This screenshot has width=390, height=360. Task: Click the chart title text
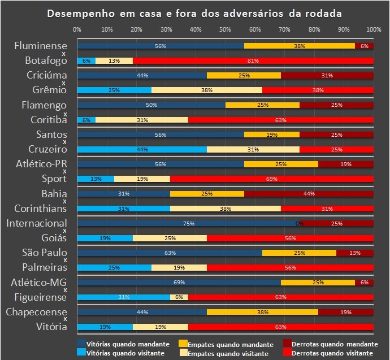pyautogui.click(x=194, y=12)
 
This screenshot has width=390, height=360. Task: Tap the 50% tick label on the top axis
pyautogui.click(x=225, y=29)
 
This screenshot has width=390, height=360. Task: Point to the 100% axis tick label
pyautogui.click(x=373, y=29)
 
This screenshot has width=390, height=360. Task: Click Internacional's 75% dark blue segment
pyautogui.click(x=188, y=223)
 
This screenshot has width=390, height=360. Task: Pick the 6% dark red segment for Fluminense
pyautogui.click(x=364, y=46)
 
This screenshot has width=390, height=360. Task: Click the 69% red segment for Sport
pyautogui.click(x=271, y=179)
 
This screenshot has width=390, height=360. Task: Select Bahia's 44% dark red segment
pyautogui.click(x=309, y=193)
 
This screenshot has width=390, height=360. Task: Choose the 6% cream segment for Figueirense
pyautogui.click(x=179, y=297)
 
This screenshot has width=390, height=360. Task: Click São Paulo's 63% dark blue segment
pyautogui.click(x=170, y=253)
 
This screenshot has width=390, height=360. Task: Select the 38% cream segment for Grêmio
pyautogui.click(x=207, y=90)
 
